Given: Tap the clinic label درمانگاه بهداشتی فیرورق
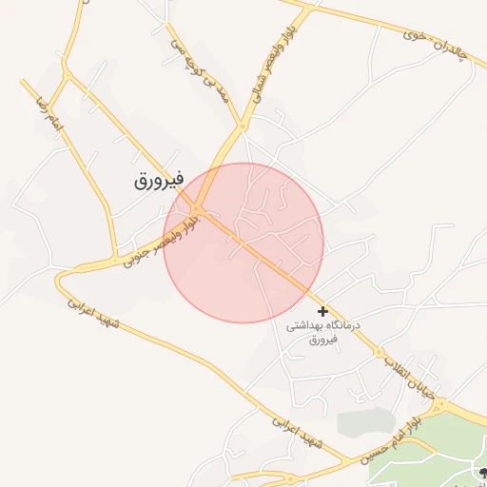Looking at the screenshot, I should click(x=324, y=332).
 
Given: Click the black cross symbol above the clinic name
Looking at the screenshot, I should click(x=323, y=311).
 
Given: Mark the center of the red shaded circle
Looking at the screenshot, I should click(x=243, y=243).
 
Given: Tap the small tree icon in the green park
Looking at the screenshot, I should click(x=481, y=473).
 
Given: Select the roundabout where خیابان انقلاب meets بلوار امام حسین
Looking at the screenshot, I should click(x=439, y=407).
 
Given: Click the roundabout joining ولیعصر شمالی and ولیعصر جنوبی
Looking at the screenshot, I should click(x=197, y=208).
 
